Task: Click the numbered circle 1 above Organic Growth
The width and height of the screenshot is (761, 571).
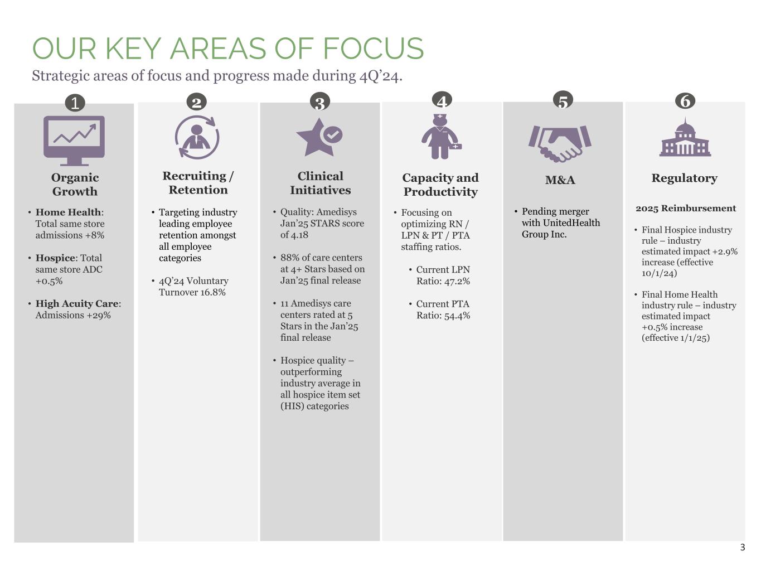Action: [x=75, y=103]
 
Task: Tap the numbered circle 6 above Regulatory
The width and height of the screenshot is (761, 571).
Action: [x=685, y=101]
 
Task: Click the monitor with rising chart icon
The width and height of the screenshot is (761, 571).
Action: [x=74, y=140]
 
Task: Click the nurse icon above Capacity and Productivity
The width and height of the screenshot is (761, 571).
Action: [x=440, y=137]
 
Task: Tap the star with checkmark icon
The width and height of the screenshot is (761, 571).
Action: [x=319, y=137]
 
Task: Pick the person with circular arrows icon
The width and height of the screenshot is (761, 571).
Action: [x=197, y=137]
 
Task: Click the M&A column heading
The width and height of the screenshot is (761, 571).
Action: [x=560, y=180]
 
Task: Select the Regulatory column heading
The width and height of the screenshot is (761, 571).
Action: [x=684, y=178]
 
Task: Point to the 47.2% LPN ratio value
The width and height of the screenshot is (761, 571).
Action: [x=457, y=281]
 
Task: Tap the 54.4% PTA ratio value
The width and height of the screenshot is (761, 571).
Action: [x=457, y=316]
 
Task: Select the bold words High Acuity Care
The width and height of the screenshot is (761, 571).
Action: [x=77, y=304]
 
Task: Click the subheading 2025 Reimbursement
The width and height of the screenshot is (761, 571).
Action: [x=686, y=209]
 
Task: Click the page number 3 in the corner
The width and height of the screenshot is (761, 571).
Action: [x=742, y=548]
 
